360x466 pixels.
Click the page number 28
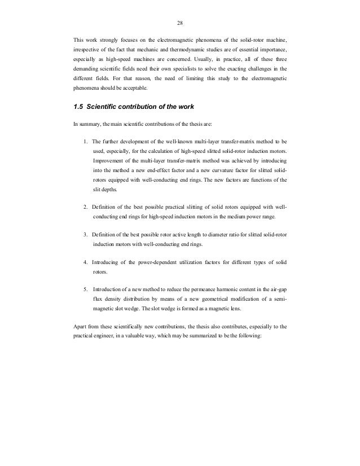[x=179, y=24]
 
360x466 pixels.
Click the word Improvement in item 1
[x=111, y=160]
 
